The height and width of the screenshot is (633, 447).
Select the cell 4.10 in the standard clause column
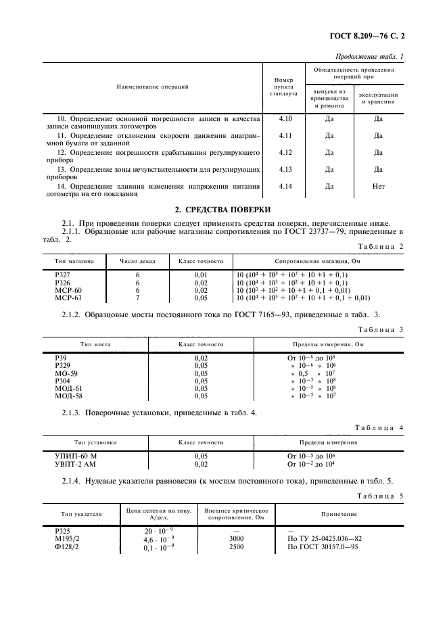point(285,118)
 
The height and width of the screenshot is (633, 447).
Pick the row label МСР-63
point(67,298)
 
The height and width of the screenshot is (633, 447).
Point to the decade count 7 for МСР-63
point(137,298)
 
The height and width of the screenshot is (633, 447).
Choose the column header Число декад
point(137,261)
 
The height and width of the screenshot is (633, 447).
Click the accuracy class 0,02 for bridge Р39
point(201,357)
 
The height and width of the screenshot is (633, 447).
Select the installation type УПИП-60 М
point(75,457)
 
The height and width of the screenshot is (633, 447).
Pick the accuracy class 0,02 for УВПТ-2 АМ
point(201,465)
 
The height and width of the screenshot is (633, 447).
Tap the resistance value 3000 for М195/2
point(236,539)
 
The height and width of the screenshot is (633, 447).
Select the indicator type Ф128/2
point(66,546)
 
